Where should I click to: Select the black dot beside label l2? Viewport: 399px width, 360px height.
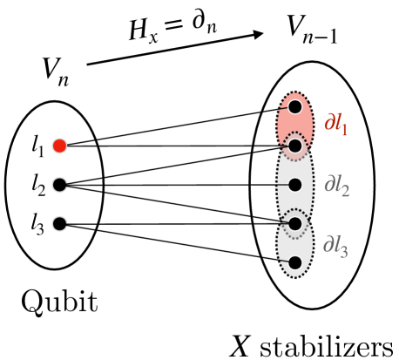[58, 184]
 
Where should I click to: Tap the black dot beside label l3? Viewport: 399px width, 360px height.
[58, 223]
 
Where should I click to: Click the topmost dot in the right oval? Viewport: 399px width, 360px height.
[295, 106]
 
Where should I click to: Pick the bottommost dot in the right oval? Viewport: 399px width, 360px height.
[295, 262]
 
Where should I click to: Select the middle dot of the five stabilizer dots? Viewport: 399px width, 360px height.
[295, 185]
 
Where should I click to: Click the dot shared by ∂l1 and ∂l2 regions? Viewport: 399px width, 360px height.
[295, 146]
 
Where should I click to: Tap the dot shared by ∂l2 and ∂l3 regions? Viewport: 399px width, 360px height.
[295, 223]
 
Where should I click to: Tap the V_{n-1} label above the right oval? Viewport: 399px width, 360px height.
[314, 31]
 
